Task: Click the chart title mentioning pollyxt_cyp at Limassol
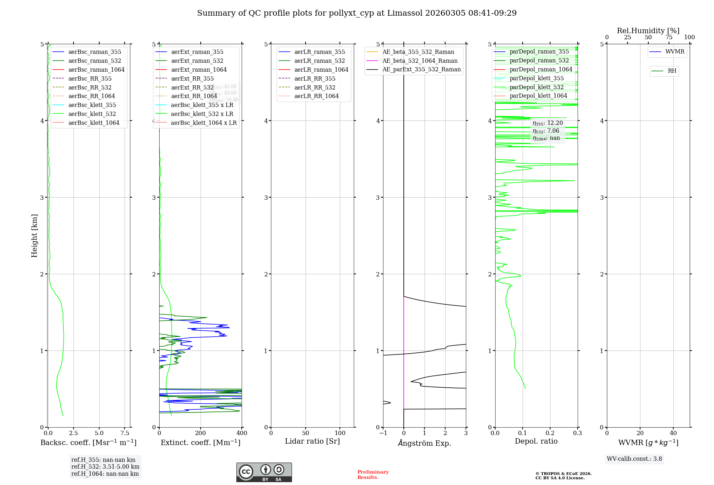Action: [357, 13]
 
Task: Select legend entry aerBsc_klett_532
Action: [92, 114]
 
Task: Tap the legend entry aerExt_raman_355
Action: [197, 52]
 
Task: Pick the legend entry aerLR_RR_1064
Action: [316, 96]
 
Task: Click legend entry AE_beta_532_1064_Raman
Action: [420, 61]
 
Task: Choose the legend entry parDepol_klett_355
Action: [537, 78]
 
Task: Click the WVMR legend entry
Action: [675, 52]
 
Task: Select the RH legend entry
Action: [672, 71]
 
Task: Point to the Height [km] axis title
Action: [34, 235]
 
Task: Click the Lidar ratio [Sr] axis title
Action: [312, 441]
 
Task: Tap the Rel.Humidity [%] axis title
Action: [648, 31]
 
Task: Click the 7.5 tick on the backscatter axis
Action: [125, 433]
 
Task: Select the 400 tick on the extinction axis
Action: [242, 433]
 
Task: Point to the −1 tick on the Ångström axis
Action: [383, 433]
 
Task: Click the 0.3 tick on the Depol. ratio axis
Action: [577, 433]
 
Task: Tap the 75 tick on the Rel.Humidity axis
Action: [669, 37]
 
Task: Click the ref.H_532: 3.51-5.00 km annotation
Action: [105, 467]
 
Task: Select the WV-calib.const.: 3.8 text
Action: [634, 459]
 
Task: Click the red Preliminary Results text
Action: [373, 475]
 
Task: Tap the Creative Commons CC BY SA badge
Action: [264, 472]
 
